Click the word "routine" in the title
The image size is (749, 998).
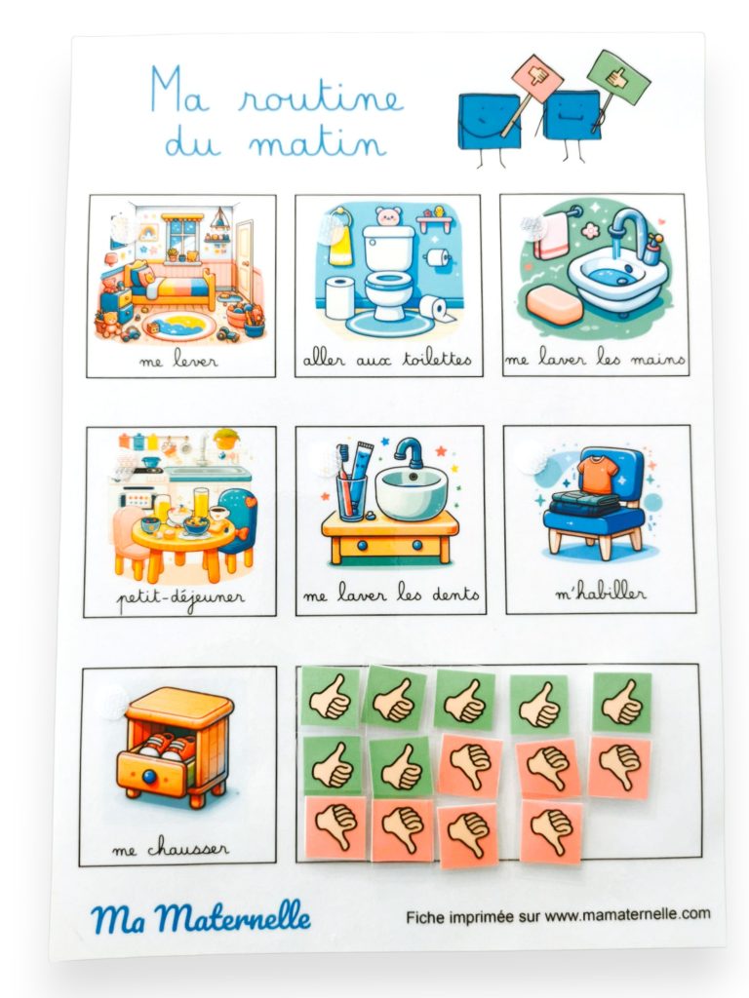321,98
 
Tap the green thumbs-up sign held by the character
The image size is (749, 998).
618,76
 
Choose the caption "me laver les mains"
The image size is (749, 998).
594,360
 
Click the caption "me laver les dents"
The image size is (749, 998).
390,595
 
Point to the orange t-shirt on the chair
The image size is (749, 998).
597,473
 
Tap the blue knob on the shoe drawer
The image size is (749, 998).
149,777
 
